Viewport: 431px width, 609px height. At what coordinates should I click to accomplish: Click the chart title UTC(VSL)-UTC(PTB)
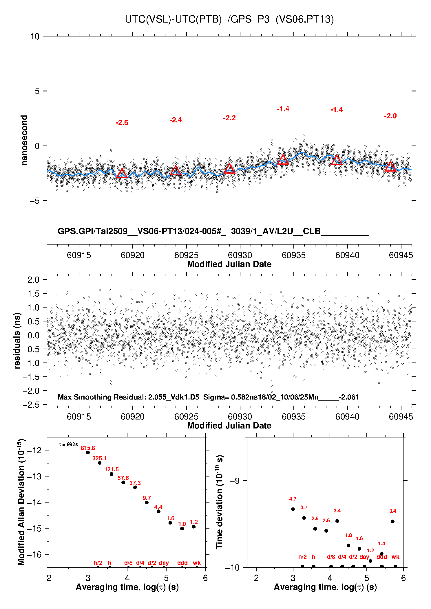pyautogui.click(x=173, y=19)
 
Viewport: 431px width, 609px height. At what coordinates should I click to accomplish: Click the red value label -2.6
pyautogui.click(x=122, y=123)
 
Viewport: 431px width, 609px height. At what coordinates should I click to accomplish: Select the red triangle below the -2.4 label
pyautogui.click(x=176, y=171)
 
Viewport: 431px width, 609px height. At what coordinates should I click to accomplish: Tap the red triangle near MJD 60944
pyautogui.click(x=390, y=167)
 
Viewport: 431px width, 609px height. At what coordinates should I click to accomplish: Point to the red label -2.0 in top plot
pyautogui.click(x=390, y=116)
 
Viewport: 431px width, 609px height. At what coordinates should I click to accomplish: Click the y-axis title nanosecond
pyautogui.click(x=24, y=140)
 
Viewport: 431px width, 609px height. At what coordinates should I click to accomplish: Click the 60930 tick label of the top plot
pyautogui.click(x=240, y=255)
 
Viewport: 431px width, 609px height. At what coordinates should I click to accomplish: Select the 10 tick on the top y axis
pyautogui.click(x=35, y=36)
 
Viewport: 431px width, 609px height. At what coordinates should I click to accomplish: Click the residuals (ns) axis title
pyautogui.click(x=17, y=341)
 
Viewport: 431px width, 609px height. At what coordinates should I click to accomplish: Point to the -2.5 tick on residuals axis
pyautogui.click(x=31, y=404)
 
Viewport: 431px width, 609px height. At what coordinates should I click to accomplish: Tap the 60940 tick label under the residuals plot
pyautogui.click(x=347, y=417)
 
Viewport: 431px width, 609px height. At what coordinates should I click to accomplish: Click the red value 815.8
pyautogui.click(x=88, y=448)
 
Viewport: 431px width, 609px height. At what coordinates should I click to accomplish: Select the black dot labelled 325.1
pyautogui.click(x=100, y=463)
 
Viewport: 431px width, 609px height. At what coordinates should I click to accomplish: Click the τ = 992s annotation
pyautogui.click(x=68, y=444)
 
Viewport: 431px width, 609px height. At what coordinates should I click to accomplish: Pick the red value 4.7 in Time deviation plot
pyautogui.click(x=293, y=499)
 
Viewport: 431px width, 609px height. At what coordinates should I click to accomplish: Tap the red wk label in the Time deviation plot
pyautogui.click(x=395, y=557)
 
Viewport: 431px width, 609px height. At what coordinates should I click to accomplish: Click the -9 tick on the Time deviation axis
pyautogui.click(x=235, y=481)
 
